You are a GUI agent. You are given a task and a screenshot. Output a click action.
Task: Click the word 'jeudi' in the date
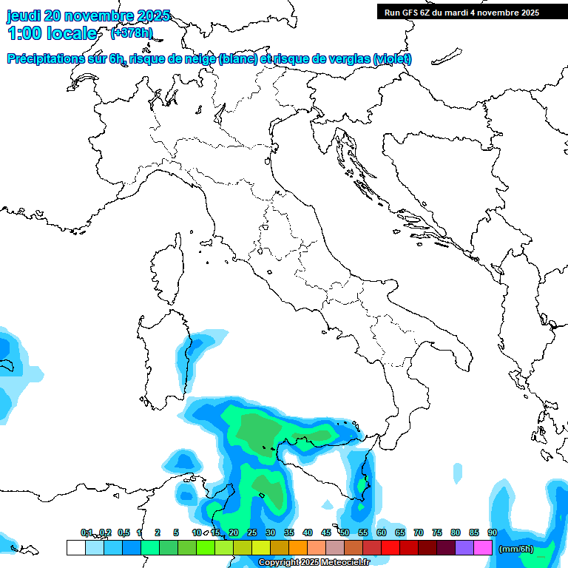(24, 16)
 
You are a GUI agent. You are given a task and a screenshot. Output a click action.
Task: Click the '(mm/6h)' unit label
(515, 549)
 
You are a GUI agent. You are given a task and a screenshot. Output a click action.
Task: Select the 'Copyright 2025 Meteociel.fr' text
(314, 563)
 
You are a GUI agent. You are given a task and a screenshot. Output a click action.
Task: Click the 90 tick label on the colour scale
(493, 532)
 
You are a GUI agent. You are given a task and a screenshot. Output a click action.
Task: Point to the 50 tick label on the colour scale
(345, 532)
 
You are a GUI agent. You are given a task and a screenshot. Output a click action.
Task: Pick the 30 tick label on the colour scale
(271, 532)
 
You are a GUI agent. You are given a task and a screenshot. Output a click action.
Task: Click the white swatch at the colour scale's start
(75, 547)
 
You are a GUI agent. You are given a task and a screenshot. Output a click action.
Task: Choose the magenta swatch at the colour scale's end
(483, 547)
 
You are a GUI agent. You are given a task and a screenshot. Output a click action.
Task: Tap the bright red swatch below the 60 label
(390, 547)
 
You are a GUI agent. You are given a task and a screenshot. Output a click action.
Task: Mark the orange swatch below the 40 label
(298, 547)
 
